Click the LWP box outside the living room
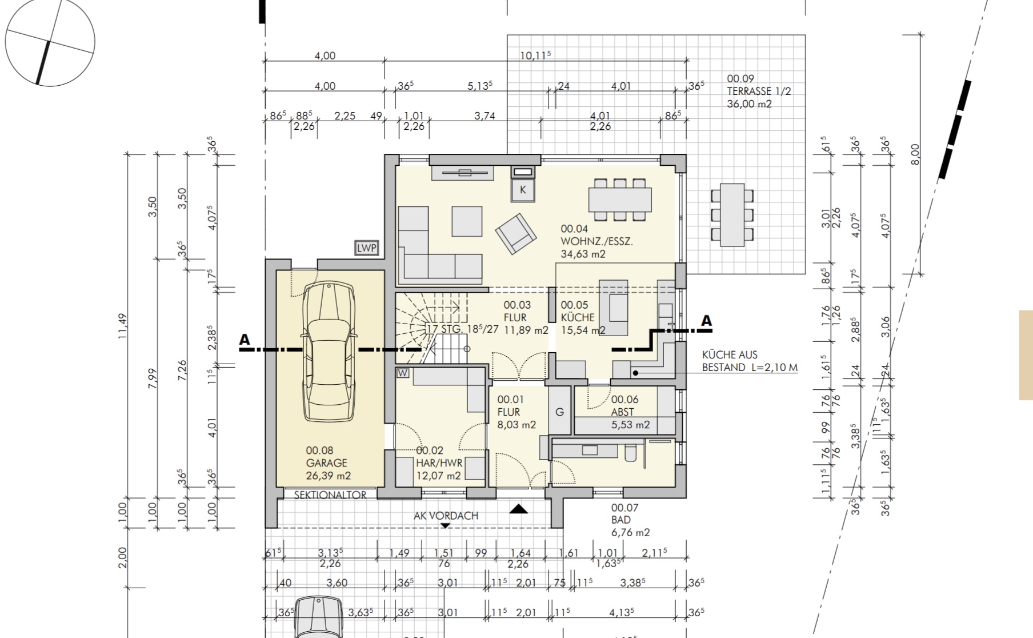pyautogui.click(x=367, y=248)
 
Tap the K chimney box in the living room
pyautogui.click(x=523, y=190)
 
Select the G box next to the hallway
pyautogui.click(x=560, y=412)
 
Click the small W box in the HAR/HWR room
pyautogui.click(x=403, y=373)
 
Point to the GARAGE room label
pyautogui.click(x=326, y=463)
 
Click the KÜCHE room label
pyautogui.click(x=578, y=317)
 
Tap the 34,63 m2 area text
pyautogui.click(x=583, y=254)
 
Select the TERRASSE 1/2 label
pyautogui.click(x=759, y=91)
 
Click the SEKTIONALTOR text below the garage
pyautogui.click(x=330, y=495)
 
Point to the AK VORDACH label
pyautogui.click(x=446, y=516)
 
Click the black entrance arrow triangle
pyautogui.click(x=519, y=508)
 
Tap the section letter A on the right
pyautogui.click(x=707, y=321)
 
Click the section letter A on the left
pyautogui.click(x=245, y=340)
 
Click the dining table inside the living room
pyautogui.click(x=620, y=200)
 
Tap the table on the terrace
pyautogui.click(x=732, y=215)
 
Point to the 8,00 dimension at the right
pyautogui.click(x=915, y=154)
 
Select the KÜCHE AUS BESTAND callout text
pyautogui.click(x=750, y=361)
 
